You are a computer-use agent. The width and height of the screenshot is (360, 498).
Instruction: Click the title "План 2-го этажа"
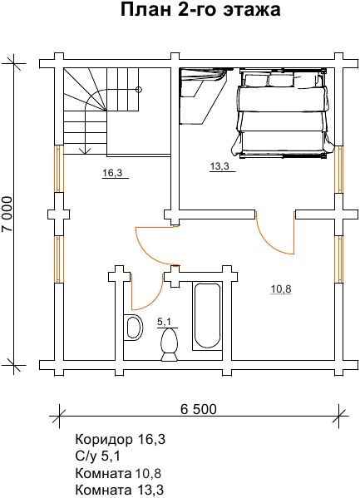coord(200,10)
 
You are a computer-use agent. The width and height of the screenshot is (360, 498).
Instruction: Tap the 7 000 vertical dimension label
coord(7,214)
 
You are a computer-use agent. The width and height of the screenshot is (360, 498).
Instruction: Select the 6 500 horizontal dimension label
coord(199,409)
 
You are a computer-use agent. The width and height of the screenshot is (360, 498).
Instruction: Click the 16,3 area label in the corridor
coord(112,173)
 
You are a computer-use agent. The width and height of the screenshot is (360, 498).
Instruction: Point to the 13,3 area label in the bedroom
coord(219,165)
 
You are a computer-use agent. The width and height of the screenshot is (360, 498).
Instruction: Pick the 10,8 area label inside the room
coord(281,289)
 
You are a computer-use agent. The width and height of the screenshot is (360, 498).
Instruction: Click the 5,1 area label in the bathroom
coord(165,323)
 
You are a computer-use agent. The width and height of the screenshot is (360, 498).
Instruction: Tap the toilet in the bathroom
coord(169,344)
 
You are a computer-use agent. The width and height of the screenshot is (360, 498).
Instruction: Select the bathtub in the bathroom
coord(207,316)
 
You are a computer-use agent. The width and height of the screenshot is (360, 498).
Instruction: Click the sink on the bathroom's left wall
coord(133,327)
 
